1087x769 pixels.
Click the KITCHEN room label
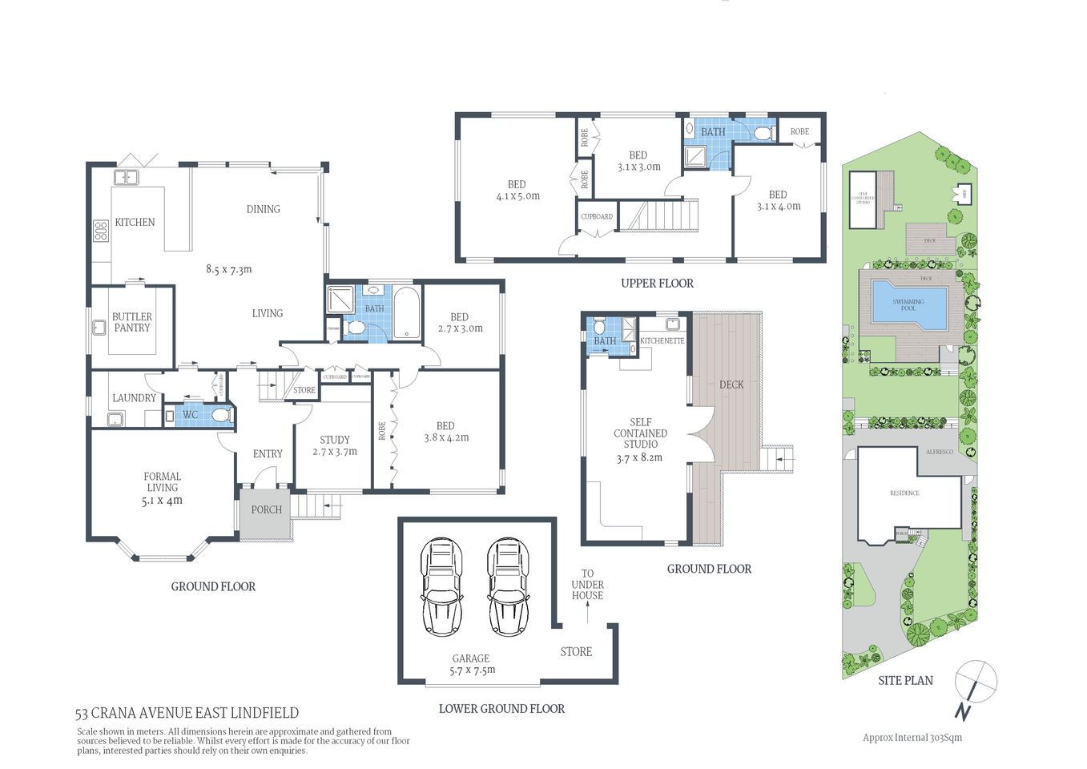pyautogui.click(x=135, y=222)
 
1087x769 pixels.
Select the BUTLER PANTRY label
pyautogui.click(x=132, y=322)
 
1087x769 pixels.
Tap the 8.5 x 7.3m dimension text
pyautogui.click(x=228, y=269)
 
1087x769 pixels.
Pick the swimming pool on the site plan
pyautogui.click(x=908, y=304)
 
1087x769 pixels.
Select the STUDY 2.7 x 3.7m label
pyautogui.click(x=335, y=445)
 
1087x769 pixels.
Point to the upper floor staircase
pyautogui.click(x=661, y=216)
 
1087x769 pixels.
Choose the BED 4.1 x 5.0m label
pyautogui.click(x=517, y=190)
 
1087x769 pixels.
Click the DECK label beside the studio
pyautogui.click(x=731, y=384)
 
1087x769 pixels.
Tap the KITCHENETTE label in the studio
pyautogui.click(x=662, y=340)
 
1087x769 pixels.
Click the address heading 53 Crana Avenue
pyautogui.click(x=187, y=713)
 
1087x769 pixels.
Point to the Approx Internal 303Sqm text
pyautogui.click(x=912, y=738)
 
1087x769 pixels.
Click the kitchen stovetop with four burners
pyautogui.click(x=101, y=232)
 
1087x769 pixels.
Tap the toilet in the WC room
pyautogui.click(x=219, y=415)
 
